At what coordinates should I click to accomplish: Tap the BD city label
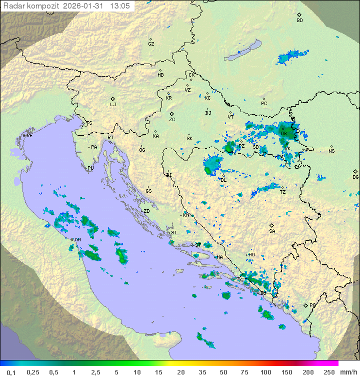(299, 21)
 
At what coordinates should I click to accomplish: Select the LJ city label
(113, 105)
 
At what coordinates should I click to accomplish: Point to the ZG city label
(172, 120)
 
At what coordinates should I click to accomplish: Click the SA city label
(272, 231)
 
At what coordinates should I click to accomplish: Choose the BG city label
(355, 177)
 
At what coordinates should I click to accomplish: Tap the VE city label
(29, 136)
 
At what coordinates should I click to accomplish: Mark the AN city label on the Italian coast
(77, 240)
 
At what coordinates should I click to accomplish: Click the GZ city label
(151, 44)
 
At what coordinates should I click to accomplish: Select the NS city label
(331, 151)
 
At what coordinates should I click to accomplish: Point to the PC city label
(264, 104)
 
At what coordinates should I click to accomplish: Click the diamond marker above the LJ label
(113, 99)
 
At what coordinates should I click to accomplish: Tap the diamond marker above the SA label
(272, 225)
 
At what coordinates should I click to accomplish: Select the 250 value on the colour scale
(328, 372)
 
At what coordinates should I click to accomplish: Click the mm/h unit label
(348, 372)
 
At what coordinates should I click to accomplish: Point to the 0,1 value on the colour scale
(11, 372)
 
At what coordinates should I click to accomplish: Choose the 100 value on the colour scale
(265, 372)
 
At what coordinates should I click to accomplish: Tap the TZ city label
(282, 192)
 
